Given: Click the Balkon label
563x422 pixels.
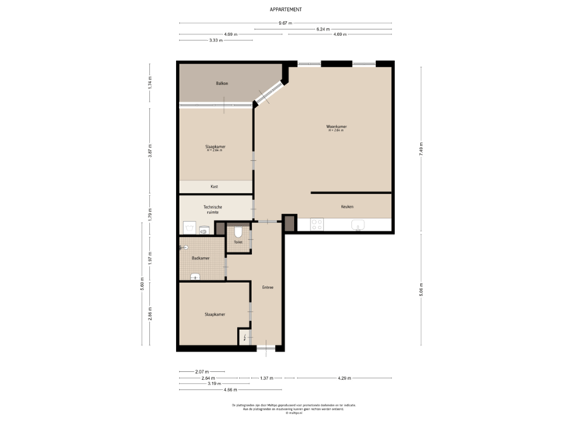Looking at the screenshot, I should tap(222, 83).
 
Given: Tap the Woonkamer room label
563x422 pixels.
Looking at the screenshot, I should tap(337, 127).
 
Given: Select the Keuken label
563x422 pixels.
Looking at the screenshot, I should tap(347, 206).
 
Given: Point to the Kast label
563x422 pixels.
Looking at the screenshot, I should tap(214, 187).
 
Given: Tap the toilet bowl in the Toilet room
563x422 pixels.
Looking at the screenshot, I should tap(238, 231).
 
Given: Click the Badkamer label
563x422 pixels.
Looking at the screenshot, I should tap(200, 258).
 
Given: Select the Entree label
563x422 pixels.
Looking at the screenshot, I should tap(267, 287).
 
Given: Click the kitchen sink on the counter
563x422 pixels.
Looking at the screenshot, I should tap(359, 226).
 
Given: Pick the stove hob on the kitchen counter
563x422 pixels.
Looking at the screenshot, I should tap(317, 225).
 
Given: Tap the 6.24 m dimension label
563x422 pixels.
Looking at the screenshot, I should tap(321, 29).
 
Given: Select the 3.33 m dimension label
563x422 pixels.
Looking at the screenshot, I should tap(213, 40).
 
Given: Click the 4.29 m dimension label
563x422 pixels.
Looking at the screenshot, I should tap(343, 377).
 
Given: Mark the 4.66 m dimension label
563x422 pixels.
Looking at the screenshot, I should tap(229, 389).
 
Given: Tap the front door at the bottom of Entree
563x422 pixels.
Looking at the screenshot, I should tap(267, 347).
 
